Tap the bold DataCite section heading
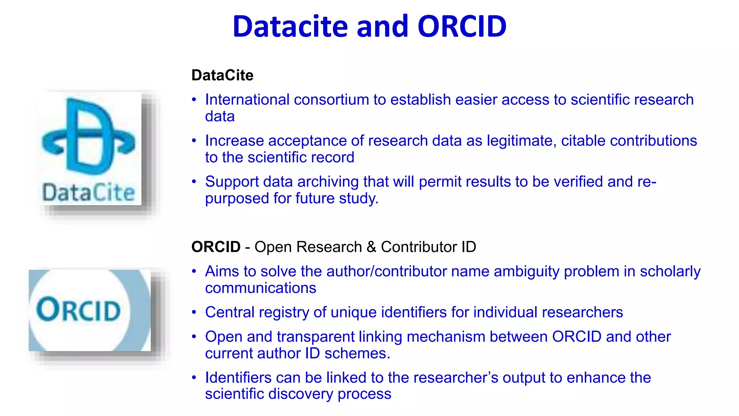[222, 75]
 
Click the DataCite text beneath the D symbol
[88, 192]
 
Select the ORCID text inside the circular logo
[79, 310]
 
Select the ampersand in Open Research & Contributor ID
[371, 247]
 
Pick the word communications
[261, 288]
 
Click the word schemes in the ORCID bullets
[357, 354]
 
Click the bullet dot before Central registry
[194, 312]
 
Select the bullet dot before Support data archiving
[194, 182]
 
